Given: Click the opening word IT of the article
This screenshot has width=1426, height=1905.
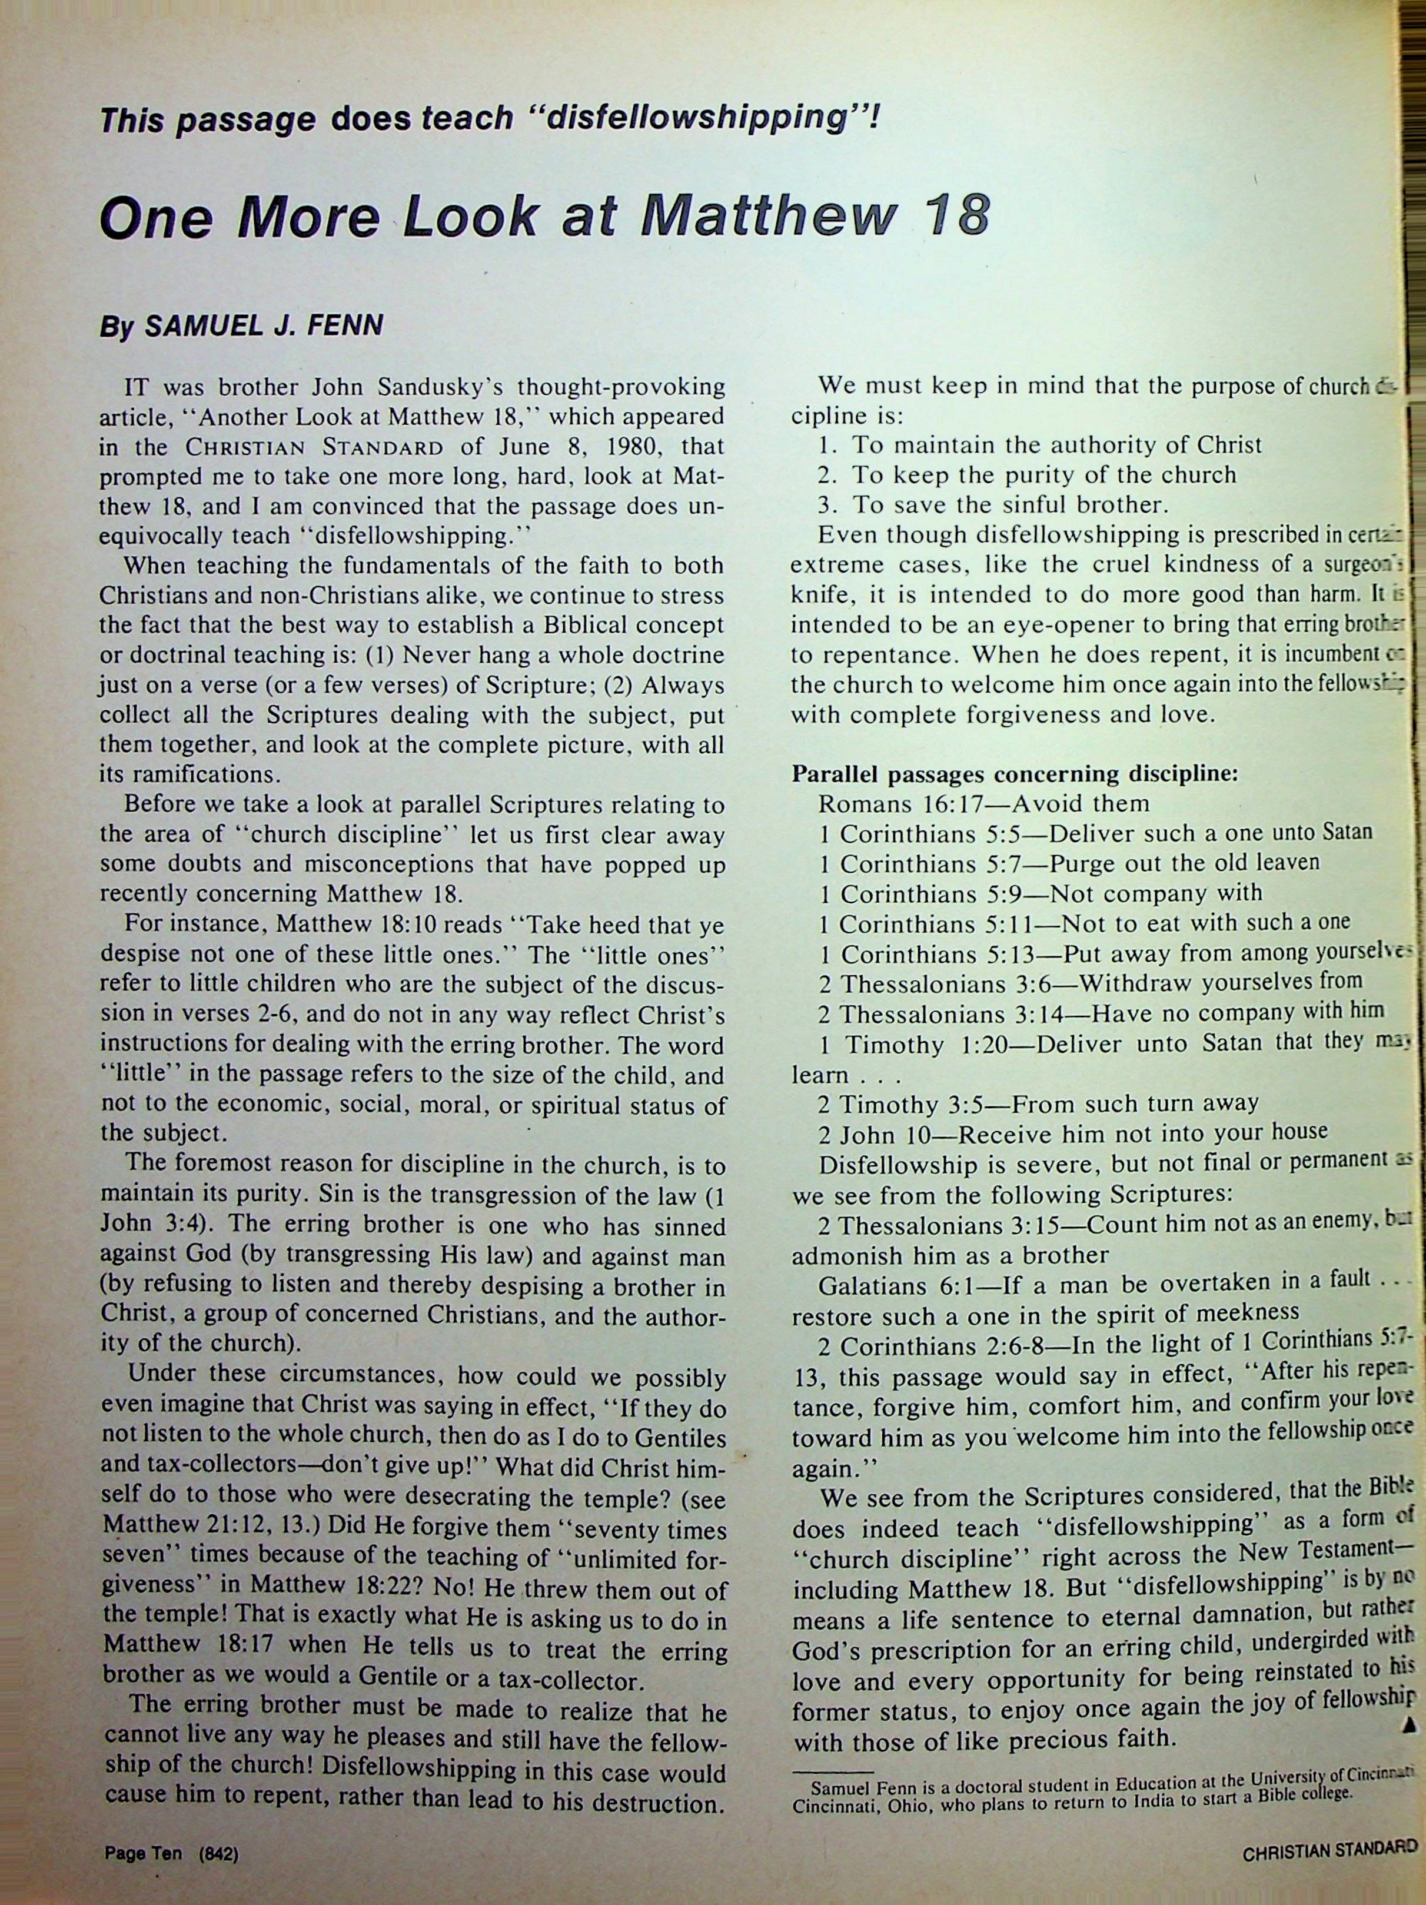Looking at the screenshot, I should point(140,387).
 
